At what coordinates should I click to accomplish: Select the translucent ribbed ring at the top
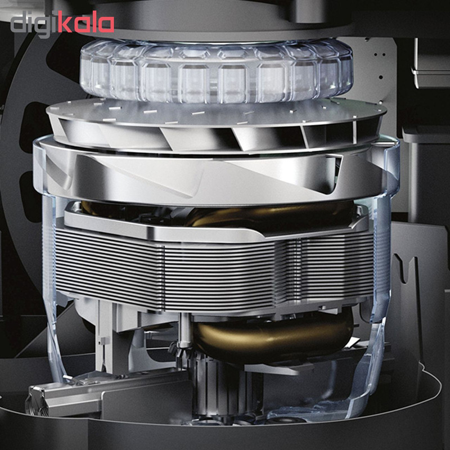coord(217,71)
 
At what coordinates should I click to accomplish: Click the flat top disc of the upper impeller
coord(215,114)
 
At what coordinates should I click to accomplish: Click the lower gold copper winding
coord(273,336)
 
